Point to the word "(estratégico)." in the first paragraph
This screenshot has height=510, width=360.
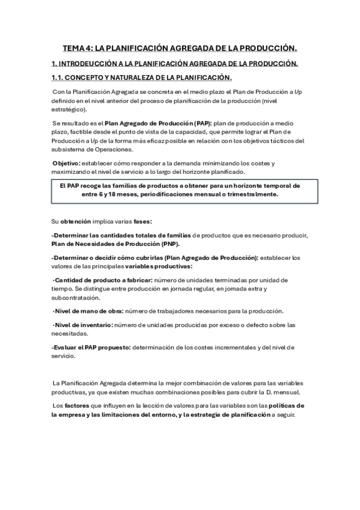point(70,109)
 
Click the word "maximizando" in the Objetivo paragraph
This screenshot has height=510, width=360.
point(73,172)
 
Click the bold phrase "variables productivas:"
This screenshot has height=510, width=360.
point(159,266)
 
